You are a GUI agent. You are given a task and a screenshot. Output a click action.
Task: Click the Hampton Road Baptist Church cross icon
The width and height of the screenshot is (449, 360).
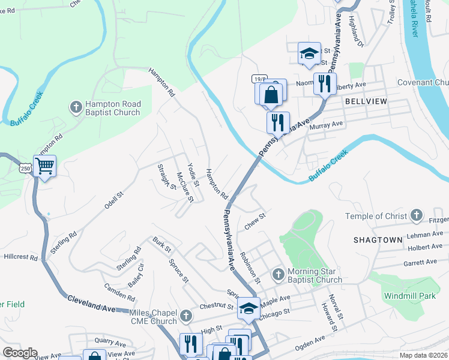point(76,107)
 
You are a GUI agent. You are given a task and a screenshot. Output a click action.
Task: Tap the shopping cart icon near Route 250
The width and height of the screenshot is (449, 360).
point(45,166)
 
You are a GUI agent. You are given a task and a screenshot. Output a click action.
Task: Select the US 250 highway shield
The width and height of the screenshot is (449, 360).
point(26,169)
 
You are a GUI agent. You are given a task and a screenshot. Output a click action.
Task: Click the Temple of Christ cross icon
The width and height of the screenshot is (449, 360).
point(416,216)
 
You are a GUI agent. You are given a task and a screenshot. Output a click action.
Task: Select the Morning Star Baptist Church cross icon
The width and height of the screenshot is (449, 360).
point(277,275)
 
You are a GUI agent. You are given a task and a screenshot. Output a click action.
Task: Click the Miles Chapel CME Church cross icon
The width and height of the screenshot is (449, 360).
point(186,315)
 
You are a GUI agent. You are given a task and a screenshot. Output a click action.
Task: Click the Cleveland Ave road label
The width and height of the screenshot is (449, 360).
point(91,302)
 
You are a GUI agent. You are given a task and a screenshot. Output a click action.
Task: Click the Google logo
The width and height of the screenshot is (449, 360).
point(20,353)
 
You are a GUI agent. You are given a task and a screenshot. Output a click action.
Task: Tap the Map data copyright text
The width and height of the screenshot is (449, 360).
point(423,355)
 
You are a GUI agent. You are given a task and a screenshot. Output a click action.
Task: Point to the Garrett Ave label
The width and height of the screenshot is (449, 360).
point(420,262)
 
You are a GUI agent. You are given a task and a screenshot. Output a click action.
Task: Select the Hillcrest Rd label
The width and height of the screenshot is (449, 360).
point(20,256)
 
